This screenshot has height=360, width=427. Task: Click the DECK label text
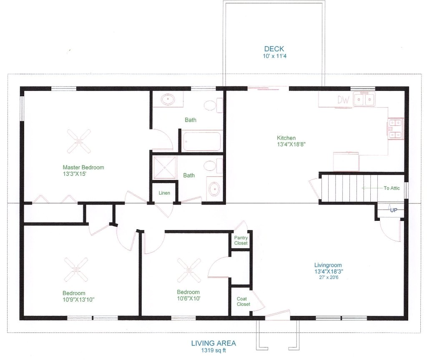point(274,49)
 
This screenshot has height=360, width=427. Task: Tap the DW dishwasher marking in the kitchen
point(343,100)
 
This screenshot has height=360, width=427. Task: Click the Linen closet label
point(164,193)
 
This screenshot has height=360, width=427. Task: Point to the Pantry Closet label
point(241,240)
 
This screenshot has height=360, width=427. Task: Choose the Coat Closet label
point(243,301)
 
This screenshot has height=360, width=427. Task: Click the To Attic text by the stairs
point(392,188)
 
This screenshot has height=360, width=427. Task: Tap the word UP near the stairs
point(394,210)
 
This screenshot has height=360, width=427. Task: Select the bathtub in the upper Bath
point(202,141)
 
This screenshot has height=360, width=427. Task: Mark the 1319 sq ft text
point(213,350)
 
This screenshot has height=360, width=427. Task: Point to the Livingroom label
point(328,265)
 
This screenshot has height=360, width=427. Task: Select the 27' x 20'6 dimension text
point(328,277)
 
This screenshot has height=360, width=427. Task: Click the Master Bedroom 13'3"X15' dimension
point(75,174)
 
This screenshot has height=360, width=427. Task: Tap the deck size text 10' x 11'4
point(274,56)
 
